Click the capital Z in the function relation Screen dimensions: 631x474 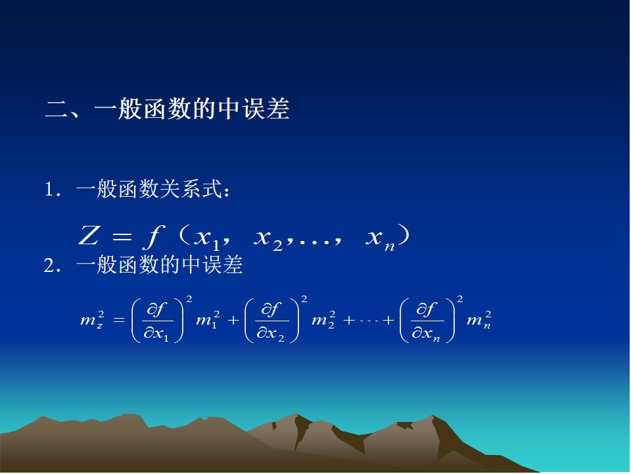[x=89, y=236]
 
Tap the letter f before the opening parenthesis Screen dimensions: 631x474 [x=154, y=237]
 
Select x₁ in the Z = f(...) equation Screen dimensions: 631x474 [x=206, y=238]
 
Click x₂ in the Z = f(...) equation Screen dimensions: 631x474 [x=269, y=238]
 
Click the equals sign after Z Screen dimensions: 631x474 [x=122, y=236]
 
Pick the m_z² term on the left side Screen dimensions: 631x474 [x=93, y=320]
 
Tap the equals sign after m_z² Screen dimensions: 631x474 [x=119, y=321]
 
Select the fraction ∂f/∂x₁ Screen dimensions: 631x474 [x=157, y=321]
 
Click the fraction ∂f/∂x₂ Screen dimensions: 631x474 [x=271, y=321]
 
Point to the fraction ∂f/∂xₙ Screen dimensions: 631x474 [x=427, y=321]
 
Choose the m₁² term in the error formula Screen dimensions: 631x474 [x=208, y=320]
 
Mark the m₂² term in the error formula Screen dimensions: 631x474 [x=323, y=320]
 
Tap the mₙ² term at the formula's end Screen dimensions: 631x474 [x=479, y=320]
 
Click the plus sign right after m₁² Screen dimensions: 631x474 [x=233, y=321]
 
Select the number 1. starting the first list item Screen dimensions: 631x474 [x=53, y=189]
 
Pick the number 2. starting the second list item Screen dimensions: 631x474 [x=53, y=265]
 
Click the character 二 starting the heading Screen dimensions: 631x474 [x=57, y=110]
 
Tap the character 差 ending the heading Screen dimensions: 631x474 [x=278, y=109]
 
